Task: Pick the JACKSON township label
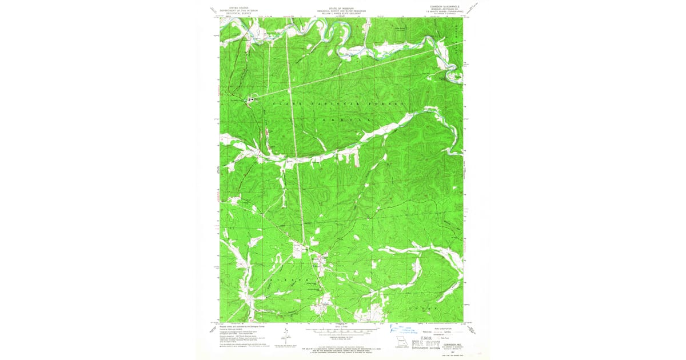[x=297, y=280]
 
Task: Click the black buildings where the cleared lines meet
[x=250, y=100]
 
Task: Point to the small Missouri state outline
[x=398, y=344]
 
